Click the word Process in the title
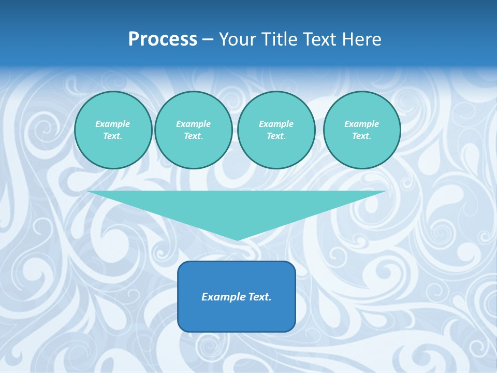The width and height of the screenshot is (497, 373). pyautogui.click(x=163, y=39)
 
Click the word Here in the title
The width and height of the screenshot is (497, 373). pyautogui.click(x=364, y=39)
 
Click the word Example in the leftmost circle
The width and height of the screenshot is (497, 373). pyautogui.click(x=113, y=124)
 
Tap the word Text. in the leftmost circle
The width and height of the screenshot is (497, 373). pyautogui.click(x=113, y=136)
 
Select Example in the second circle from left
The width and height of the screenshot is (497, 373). pyautogui.click(x=193, y=124)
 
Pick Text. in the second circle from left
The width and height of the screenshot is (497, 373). pyautogui.click(x=193, y=136)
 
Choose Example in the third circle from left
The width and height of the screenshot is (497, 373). pyautogui.click(x=276, y=124)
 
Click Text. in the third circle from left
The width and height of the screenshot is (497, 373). pyautogui.click(x=276, y=136)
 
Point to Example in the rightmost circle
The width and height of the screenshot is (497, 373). pyautogui.click(x=361, y=124)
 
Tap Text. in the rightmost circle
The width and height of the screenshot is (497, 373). pyautogui.click(x=361, y=136)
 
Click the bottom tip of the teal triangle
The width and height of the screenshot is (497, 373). pyautogui.click(x=237, y=239)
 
